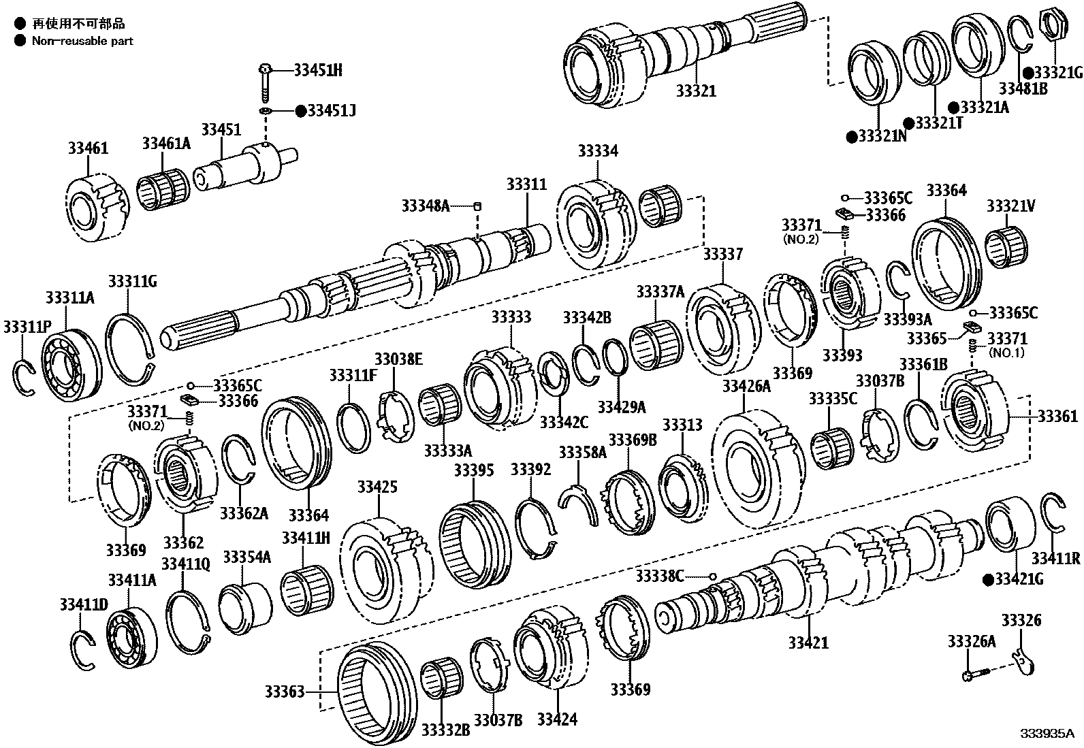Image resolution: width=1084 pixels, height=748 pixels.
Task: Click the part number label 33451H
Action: click(x=318, y=70)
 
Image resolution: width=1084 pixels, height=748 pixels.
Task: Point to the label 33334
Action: click(x=598, y=151)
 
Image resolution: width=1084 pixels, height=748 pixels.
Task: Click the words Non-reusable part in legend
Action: click(x=82, y=41)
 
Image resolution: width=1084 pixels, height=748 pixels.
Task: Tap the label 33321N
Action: click(x=881, y=136)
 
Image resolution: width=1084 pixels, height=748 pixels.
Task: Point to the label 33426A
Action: click(x=746, y=387)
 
